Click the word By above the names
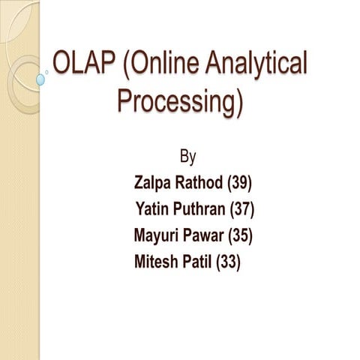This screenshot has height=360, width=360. pyautogui.click(x=189, y=156)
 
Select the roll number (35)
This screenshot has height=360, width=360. pyautogui.click(x=240, y=235)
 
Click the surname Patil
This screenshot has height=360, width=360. pyautogui.click(x=197, y=262)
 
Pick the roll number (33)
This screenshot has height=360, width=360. pyautogui.click(x=228, y=262)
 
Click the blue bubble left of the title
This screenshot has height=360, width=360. pyautogui.click(x=40, y=78)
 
